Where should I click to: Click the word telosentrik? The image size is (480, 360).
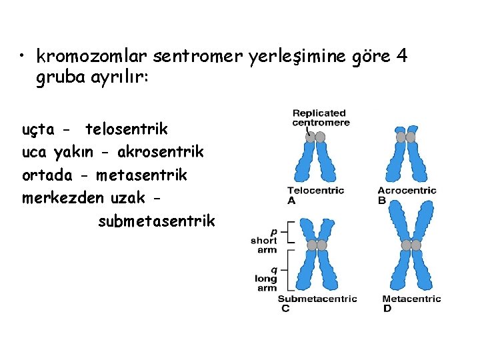pyautogui.click(x=127, y=129)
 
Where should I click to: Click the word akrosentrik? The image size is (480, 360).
pyautogui.click(x=161, y=152)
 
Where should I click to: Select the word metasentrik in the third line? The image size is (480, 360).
pyautogui.click(x=141, y=175)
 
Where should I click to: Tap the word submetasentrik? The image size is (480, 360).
pyautogui.click(x=156, y=221)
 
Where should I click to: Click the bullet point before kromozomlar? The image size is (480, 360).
pyautogui.click(x=23, y=55)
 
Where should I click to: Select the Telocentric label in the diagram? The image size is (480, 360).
pyautogui.click(x=315, y=191)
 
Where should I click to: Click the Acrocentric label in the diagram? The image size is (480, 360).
pyautogui.click(x=407, y=191)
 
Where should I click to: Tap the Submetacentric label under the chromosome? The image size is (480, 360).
pyautogui.click(x=317, y=299)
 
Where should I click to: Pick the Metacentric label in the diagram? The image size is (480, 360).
pyautogui.click(x=411, y=299)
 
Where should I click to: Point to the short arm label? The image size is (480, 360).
pyautogui.click(x=263, y=245)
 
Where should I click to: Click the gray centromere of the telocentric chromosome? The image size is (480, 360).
pyautogui.click(x=315, y=137)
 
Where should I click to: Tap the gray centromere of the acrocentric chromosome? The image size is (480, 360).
pyautogui.click(x=405, y=137)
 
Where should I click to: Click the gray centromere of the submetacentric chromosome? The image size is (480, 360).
pyautogui.click(x=317, y=245)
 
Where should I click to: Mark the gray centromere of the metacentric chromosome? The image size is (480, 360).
pyautogui.click(x=411, y=245)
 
